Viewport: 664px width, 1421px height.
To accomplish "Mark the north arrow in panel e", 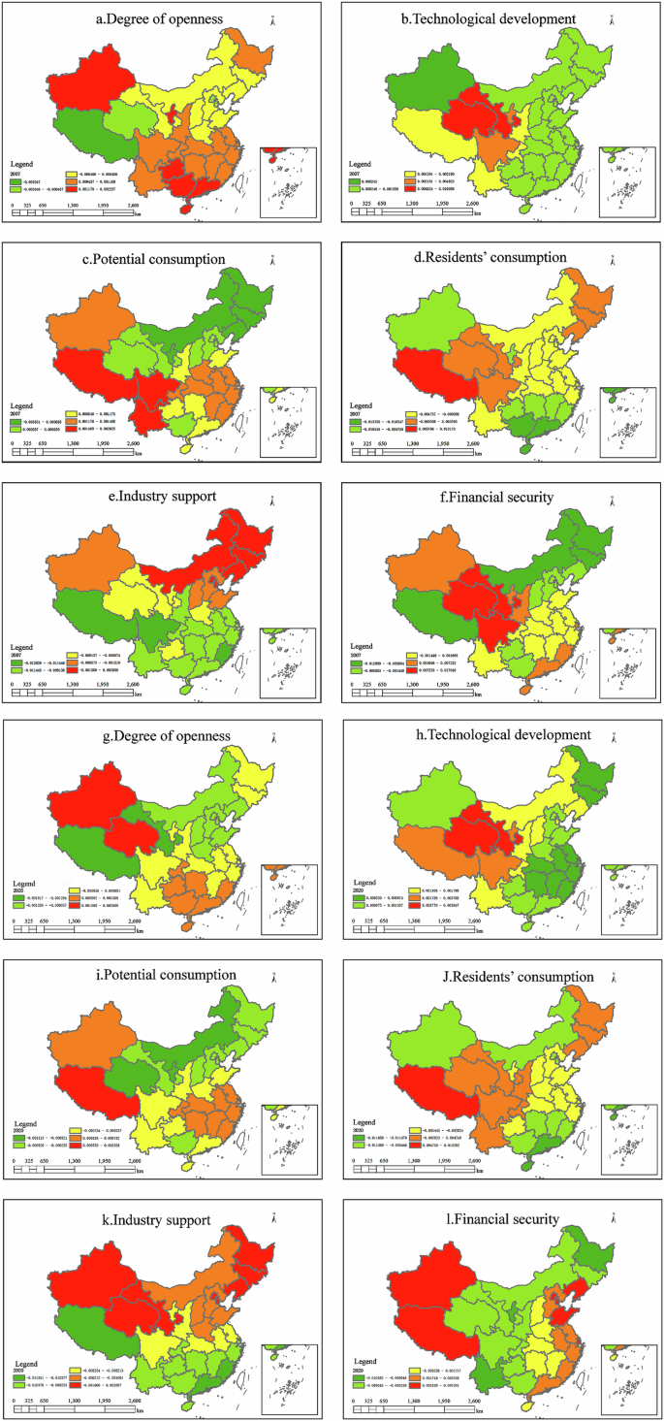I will click(272, 501).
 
